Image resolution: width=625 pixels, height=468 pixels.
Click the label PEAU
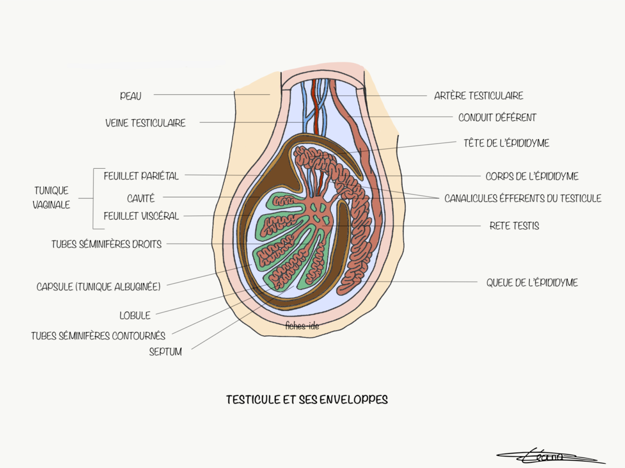130,96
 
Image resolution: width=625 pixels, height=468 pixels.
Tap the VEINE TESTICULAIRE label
145,123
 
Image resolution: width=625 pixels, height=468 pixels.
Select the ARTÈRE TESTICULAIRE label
478,96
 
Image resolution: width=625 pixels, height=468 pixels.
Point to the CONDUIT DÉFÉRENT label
497,118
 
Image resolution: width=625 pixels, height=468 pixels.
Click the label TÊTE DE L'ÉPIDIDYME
506,143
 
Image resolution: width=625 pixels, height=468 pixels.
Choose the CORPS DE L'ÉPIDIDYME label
532,176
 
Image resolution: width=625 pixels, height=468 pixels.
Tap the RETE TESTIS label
514,226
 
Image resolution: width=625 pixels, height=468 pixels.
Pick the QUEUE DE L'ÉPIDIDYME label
532,283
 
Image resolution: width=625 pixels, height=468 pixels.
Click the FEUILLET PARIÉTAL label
141,176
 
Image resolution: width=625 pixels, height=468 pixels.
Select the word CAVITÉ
141,198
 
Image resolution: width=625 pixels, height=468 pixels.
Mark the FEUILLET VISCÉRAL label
141,216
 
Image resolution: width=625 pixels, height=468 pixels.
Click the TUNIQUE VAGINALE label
51,198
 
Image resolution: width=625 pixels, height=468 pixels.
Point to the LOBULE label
134,315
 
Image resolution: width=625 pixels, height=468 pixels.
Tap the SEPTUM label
165,352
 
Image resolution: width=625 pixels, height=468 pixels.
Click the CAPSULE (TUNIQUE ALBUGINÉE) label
98,286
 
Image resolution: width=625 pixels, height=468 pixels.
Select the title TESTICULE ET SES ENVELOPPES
307,400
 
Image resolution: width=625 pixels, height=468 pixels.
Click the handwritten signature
547,457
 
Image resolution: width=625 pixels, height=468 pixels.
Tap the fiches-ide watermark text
302,326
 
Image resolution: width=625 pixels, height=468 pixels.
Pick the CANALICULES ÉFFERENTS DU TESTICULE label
522,198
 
